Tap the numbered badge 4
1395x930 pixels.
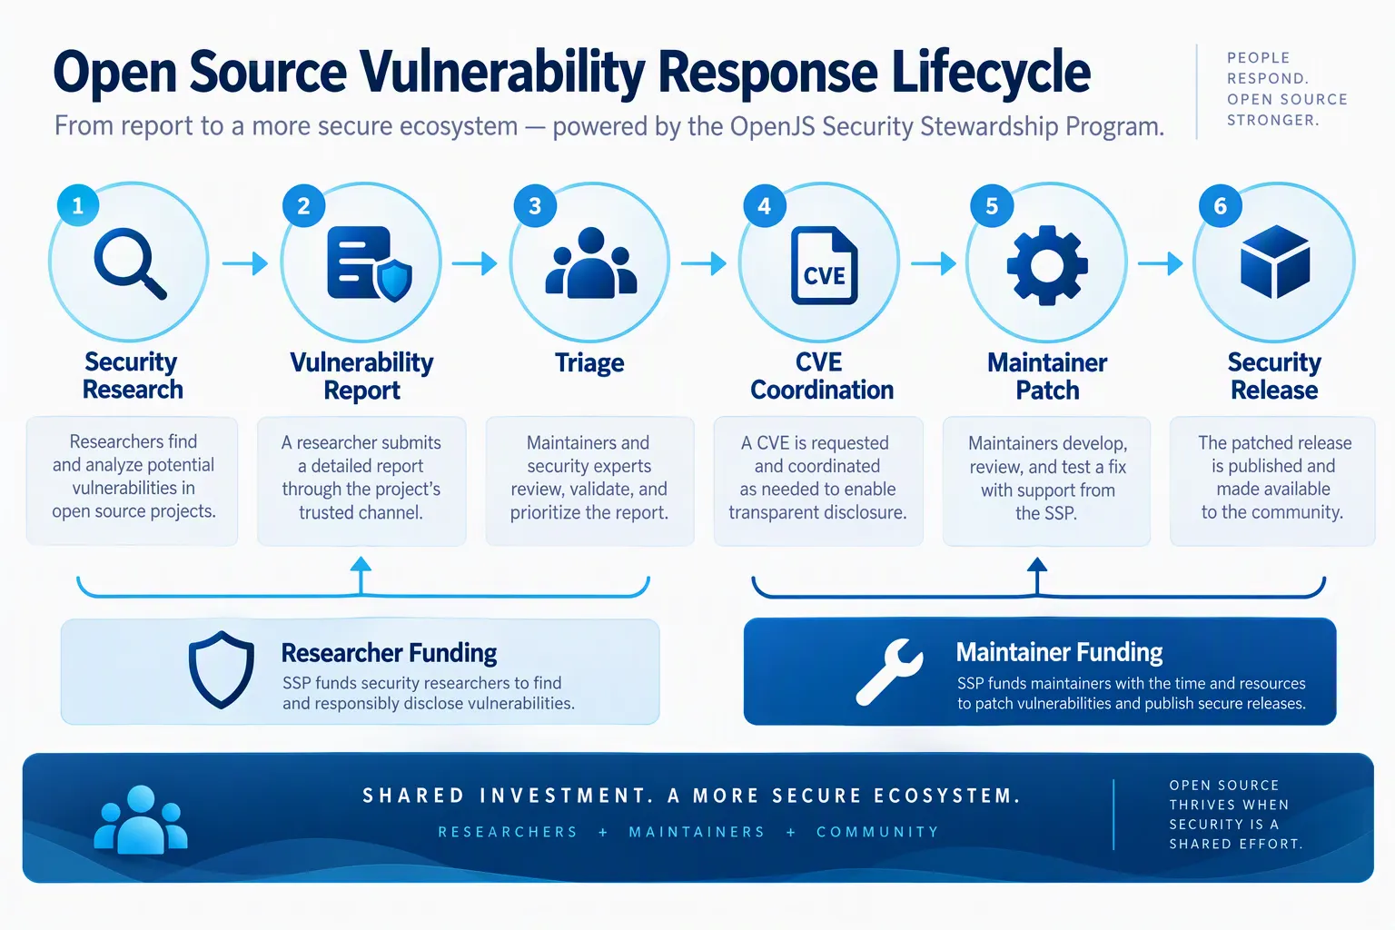[x=764, y=205]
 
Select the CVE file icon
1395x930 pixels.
[x=824, y=264]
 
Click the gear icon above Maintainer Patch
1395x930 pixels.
[x=1047, y=264]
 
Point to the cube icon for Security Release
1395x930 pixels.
[x=1275, y=262]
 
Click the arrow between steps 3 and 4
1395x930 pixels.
[x=703, y=263]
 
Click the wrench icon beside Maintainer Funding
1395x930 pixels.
[x=889, y=672]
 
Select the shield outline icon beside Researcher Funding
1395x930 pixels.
[x=221, y=669]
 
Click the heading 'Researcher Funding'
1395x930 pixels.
[x=389, y=653]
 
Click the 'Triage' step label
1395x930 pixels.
[x=589, y=362]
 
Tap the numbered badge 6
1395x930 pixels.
[x=1220, y=205]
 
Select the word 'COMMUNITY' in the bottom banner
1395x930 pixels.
[x=877, y=832]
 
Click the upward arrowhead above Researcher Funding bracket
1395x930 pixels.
[x=361, y=564]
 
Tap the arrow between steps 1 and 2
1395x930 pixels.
[x=244, y=263]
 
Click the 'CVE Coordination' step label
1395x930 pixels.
[x=821, y=376]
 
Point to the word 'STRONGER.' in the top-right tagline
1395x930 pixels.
[x=1273, y=120]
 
